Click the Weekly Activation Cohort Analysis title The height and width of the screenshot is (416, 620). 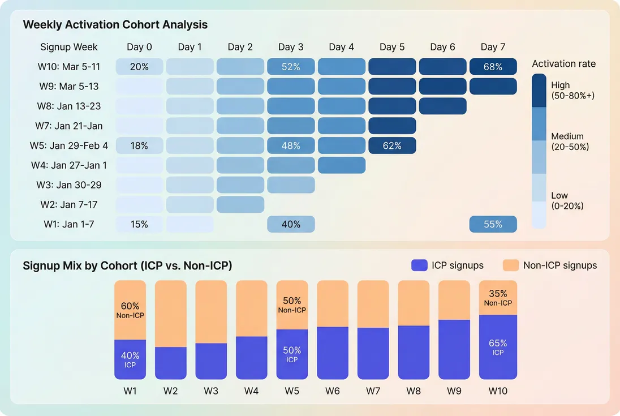click(x=115, y=25)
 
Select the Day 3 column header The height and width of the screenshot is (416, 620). click(x=291, y=47)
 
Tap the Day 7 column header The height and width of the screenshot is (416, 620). click(x=493, y=47)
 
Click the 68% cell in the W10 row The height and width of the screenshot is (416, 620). click(x=493, y=67)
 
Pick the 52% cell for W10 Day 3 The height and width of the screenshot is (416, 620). click(x=291, y=67)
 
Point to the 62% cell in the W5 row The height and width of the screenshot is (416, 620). click(x=392, y=145)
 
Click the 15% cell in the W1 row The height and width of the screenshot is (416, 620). click(x=139, y=224)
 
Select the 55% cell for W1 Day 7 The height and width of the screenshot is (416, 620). click(x=493, y=224)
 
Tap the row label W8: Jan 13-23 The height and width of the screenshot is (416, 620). click(x=69, y=106)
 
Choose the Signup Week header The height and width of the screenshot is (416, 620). click(x=69, y=47)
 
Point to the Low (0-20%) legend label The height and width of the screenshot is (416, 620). click(x=567, y=201)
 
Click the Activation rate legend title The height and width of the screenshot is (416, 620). click(x=563, y=64)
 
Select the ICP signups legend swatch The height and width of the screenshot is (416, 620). click(x=419, y=265)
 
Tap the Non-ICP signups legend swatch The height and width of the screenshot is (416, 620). click(x=510, y=265)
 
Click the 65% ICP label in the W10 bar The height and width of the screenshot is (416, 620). click(x=498, y=347)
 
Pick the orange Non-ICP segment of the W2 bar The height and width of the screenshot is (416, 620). click(x=171, y=314)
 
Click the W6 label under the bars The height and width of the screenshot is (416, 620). click(x=333, y=391)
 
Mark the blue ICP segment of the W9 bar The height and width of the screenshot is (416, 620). click(x=454, y=349)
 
